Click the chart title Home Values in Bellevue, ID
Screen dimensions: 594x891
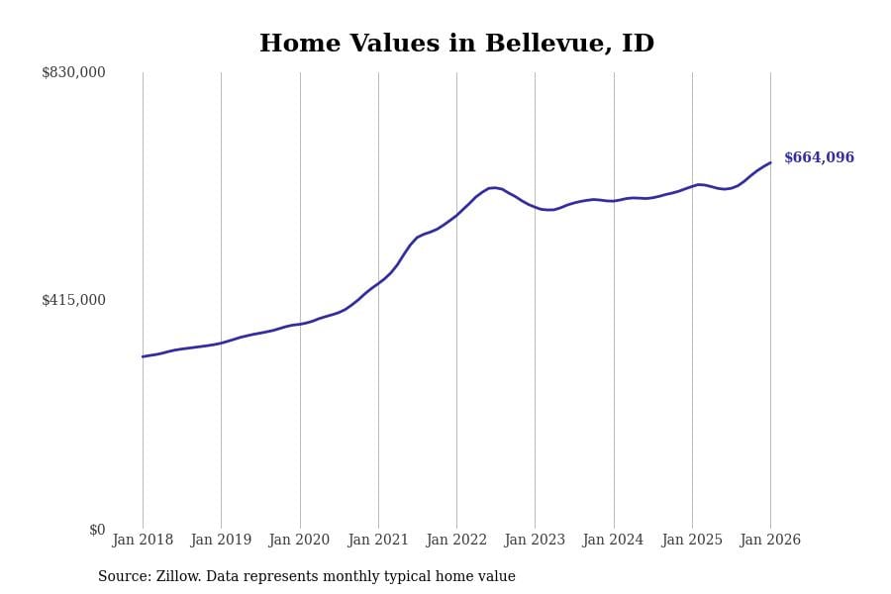456,45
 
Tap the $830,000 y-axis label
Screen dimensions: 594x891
73,72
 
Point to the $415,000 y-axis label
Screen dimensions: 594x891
73,300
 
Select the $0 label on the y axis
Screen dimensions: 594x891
97,530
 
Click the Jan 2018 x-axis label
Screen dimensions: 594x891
143,541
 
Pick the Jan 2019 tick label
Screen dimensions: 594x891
221,541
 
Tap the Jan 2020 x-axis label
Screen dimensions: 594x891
299,541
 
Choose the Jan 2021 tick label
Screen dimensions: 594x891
378,541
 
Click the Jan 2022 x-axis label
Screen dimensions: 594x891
456,541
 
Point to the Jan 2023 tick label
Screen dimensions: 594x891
535,541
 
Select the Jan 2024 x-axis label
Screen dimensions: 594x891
613,541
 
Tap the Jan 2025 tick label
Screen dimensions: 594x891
692,541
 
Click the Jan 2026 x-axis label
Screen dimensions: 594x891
770,541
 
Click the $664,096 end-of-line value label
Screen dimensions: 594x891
819,158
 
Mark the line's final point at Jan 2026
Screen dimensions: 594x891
770,162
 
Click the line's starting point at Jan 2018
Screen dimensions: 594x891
143,356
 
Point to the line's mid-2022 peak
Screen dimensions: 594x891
492,187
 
